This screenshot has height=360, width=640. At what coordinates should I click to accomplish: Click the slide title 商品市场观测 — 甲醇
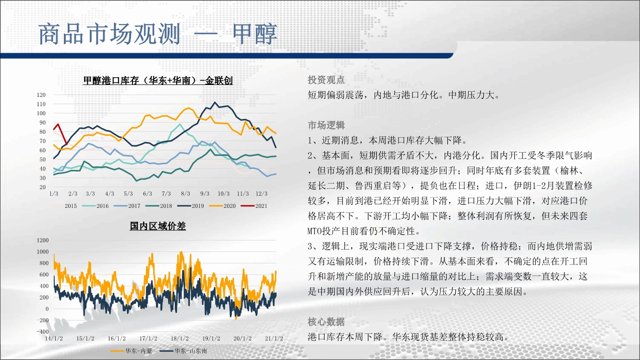(x=157, y=34)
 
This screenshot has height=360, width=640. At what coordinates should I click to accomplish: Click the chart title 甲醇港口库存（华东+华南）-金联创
(x=157, y=81)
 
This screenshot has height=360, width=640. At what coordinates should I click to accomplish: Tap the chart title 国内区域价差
(x=157, y=226)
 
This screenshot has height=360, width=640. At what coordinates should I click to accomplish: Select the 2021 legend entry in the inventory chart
(x=254, y=206)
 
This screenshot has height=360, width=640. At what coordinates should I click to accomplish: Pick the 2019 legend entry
(x=191, y=206)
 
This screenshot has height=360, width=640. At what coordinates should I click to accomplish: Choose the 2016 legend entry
(x=95, y=206)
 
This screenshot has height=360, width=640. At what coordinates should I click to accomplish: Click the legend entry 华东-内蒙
(x=131, y=351)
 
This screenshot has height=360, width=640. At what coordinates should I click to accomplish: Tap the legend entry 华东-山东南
(x=183, y=351)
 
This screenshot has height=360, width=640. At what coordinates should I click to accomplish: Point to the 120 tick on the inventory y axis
(x=41, y=95)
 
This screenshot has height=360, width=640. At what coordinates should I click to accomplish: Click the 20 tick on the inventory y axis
(x=43, y=187)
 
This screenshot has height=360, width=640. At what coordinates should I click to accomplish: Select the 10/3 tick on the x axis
(x=223, y=194)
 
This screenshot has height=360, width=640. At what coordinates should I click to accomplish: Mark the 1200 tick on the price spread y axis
(x=43, y=240)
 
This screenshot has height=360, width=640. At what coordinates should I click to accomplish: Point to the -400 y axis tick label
(x=43, y=332)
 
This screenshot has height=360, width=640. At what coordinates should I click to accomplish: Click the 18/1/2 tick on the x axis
(x=180, y=338)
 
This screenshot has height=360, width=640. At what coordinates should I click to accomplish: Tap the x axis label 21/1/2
(x=274, y=338)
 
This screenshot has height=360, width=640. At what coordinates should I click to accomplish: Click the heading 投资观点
(x=326, y=80)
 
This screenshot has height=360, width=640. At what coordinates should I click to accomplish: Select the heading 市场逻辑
(x=326, y=125)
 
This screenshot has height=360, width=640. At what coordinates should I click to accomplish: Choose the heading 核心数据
(x=326, y=322)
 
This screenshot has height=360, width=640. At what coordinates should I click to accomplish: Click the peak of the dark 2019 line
(x=215, y=102)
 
